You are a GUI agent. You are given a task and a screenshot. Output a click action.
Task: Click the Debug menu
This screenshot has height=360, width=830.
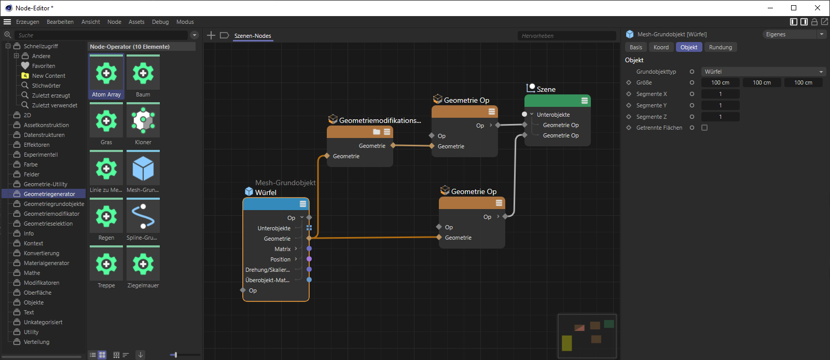pos(160,22)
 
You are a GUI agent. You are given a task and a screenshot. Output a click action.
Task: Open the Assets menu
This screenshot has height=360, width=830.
pos(136,22)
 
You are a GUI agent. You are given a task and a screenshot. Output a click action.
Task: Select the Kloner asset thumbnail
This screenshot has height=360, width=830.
pos(143,121)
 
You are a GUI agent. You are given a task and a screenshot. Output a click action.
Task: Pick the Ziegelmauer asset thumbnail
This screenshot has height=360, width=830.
pos(143,264)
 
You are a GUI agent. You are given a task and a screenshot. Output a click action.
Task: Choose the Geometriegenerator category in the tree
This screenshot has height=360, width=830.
pos(49,194)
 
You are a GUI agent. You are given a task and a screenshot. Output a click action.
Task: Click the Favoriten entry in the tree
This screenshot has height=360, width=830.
pos(44,66)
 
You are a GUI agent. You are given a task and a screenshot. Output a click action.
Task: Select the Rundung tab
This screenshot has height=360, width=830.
pos(721,47)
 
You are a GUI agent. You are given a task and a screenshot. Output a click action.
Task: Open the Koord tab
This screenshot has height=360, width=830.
pos(661,47)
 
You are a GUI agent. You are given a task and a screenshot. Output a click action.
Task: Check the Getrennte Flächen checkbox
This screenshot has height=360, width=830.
pos(704,128)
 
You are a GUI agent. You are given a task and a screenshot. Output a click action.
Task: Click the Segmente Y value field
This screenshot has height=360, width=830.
pos(721,105)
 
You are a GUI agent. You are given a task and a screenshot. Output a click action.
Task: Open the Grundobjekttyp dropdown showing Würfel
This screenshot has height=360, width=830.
pos(764,72)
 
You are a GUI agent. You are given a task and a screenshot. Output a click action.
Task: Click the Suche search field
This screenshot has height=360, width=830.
pos(101,35)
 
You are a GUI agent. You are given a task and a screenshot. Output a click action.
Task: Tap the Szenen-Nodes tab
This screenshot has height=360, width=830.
pos(252,36)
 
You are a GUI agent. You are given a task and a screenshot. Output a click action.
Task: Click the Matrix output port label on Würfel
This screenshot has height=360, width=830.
pos(282,249)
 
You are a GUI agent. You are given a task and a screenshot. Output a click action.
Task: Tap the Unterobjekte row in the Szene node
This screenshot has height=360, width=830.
pos(553,115)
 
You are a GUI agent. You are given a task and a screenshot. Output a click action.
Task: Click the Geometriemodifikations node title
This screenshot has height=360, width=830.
pos(380,120)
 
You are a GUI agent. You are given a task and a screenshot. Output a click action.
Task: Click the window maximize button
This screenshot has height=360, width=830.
pos(794,8)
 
